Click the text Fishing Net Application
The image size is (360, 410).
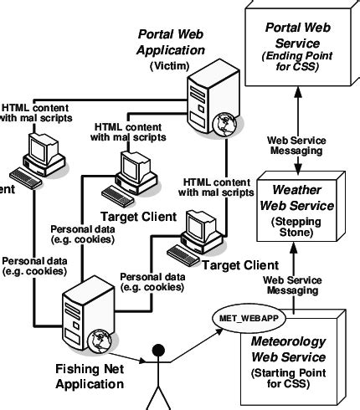pos(89,377)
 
